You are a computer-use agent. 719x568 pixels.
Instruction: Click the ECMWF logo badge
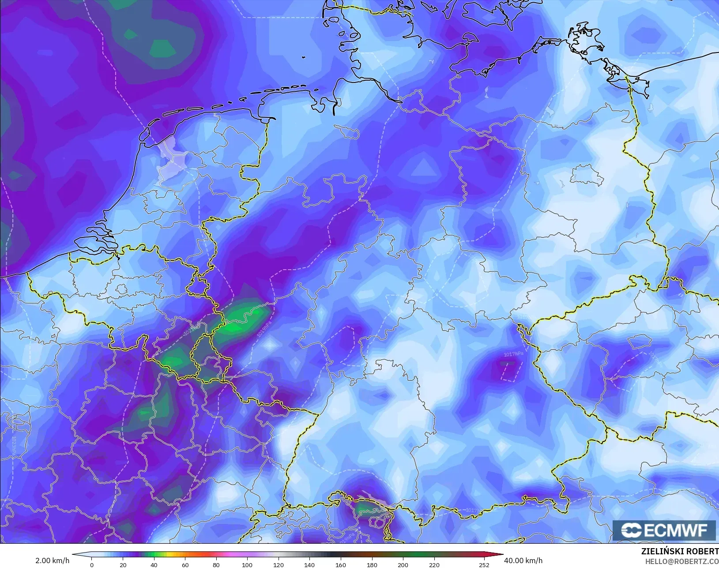click(x=664, y=530)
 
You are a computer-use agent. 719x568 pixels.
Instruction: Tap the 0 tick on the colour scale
click(x=92, y=565)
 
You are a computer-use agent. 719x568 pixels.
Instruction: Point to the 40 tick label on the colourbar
click(x=154, y=565)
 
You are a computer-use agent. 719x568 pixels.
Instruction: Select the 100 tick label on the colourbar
click(x=247, y=565)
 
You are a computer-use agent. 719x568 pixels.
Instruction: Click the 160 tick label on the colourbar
click(x=341, y=565)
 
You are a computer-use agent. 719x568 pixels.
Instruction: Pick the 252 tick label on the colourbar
click(x=484, y=565)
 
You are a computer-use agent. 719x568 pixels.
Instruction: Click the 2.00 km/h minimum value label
click(x=52, y=560)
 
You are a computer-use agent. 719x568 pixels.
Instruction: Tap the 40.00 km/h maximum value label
click(x=523, y=560)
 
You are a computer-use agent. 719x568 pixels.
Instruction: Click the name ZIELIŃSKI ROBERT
click(x=680, y=552)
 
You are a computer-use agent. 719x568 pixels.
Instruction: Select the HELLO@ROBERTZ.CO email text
click(x=682, y=561)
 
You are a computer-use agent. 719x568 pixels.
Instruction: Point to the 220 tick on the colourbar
click(x=434, y=565)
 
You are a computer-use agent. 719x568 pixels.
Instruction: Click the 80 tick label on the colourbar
click(x=216, y=565)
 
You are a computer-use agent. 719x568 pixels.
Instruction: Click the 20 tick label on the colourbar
click(x=123, y=565)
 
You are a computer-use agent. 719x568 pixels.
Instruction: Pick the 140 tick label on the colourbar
click(x=309, y=565)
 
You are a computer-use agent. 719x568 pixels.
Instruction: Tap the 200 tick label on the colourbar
click(x=403, y=565)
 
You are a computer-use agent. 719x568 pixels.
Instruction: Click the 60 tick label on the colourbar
click(x=185, y=565)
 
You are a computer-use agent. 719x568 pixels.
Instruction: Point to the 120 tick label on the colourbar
click(x=278, y=565)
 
